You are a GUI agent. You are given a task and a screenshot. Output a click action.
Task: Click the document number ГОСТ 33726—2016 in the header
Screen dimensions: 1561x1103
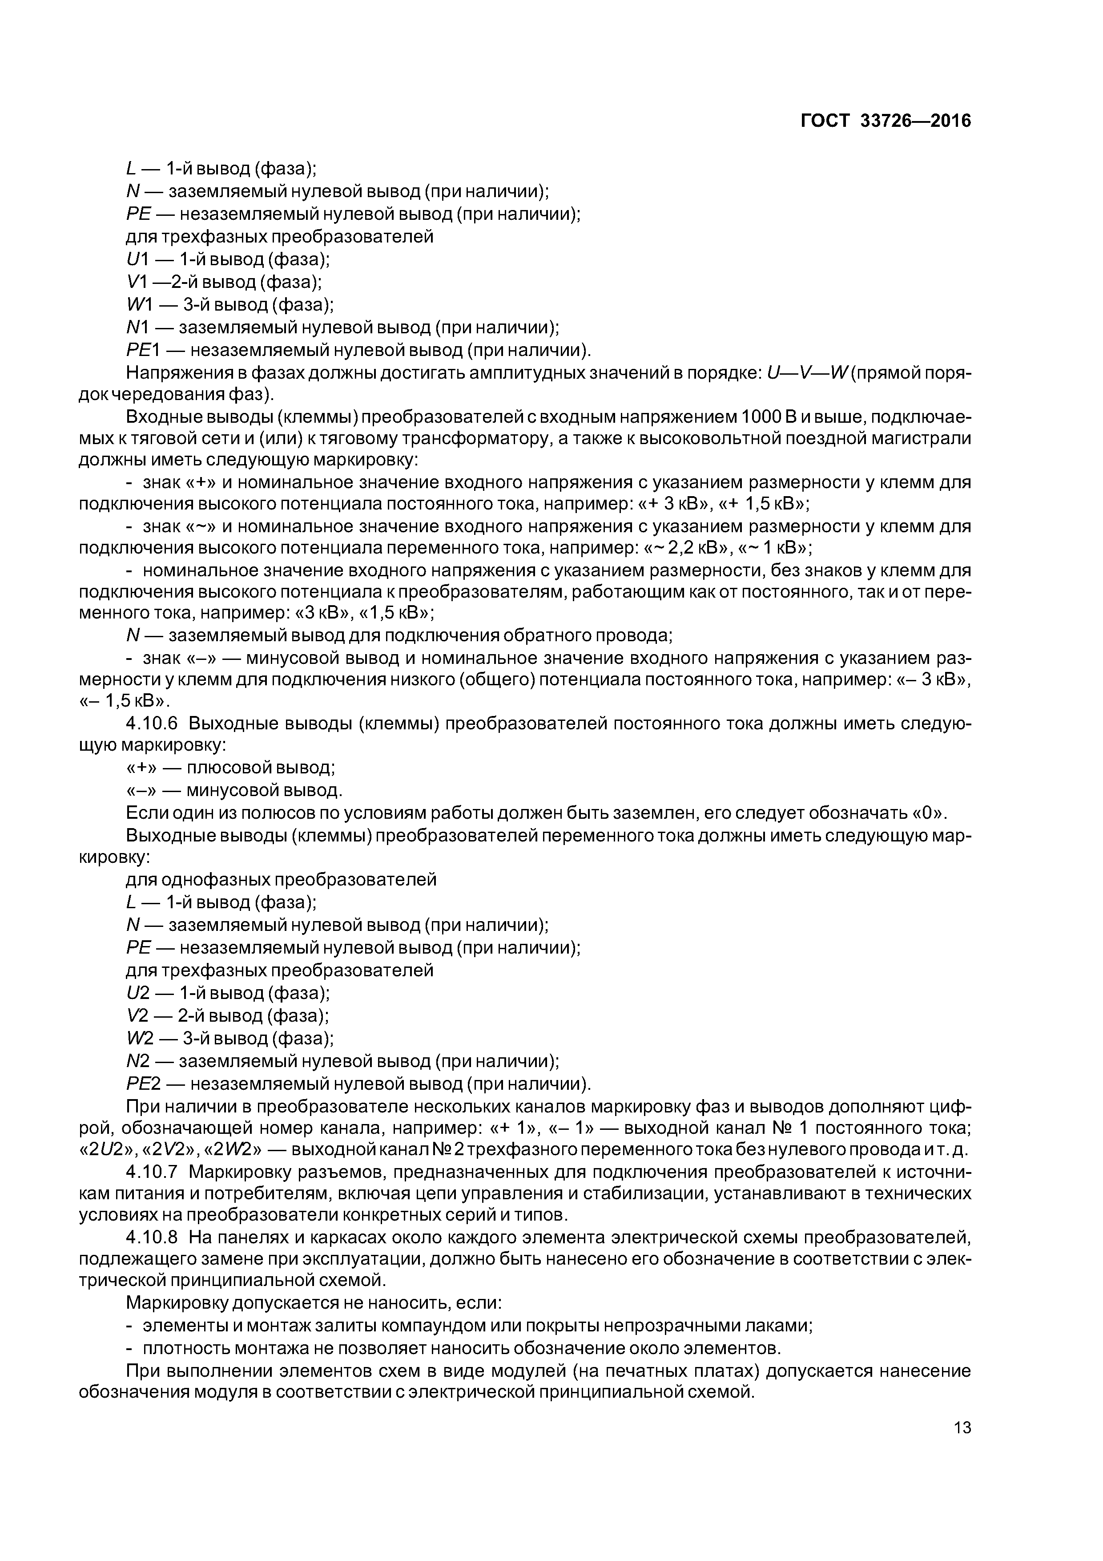pyautogui.click(x=886, y=121)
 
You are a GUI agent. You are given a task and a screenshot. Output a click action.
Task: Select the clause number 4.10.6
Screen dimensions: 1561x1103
pyautogui.click(x=152, y=724)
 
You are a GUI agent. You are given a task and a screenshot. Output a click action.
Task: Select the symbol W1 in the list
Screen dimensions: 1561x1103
pyautogui.click(x=140, y=304)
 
